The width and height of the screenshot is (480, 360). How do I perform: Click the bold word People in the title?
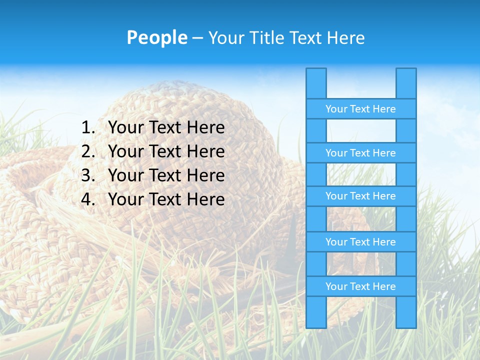tap(157, 37)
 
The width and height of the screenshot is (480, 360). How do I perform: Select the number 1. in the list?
tap(88, 128)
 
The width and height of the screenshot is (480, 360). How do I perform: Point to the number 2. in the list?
tap(88, 151)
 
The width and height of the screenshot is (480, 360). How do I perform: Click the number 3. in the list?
tap(88, 175)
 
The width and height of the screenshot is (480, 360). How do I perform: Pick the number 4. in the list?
tap(88, 199)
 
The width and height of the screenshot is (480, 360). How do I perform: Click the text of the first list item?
tap(166, 128)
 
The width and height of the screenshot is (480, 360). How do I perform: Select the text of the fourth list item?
tap(166, 199)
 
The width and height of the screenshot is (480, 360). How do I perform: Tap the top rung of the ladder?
tap(360, 109)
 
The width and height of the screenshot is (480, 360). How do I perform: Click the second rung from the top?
tap(360, 153)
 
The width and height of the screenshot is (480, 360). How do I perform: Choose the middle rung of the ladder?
tap(360, 196)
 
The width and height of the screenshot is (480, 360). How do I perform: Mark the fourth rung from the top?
tap(360, 242)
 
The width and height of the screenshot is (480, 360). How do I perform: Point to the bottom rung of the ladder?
tap(360, 286)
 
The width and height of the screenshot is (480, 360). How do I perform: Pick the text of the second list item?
tap(166, 151)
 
